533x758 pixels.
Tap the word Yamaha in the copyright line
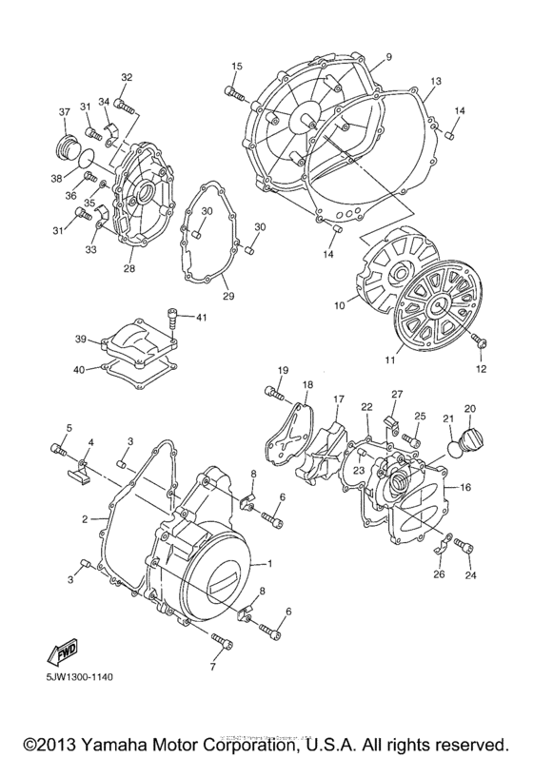click(124, 740)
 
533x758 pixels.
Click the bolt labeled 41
click(171, 321)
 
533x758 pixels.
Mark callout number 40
click(81, 370)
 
